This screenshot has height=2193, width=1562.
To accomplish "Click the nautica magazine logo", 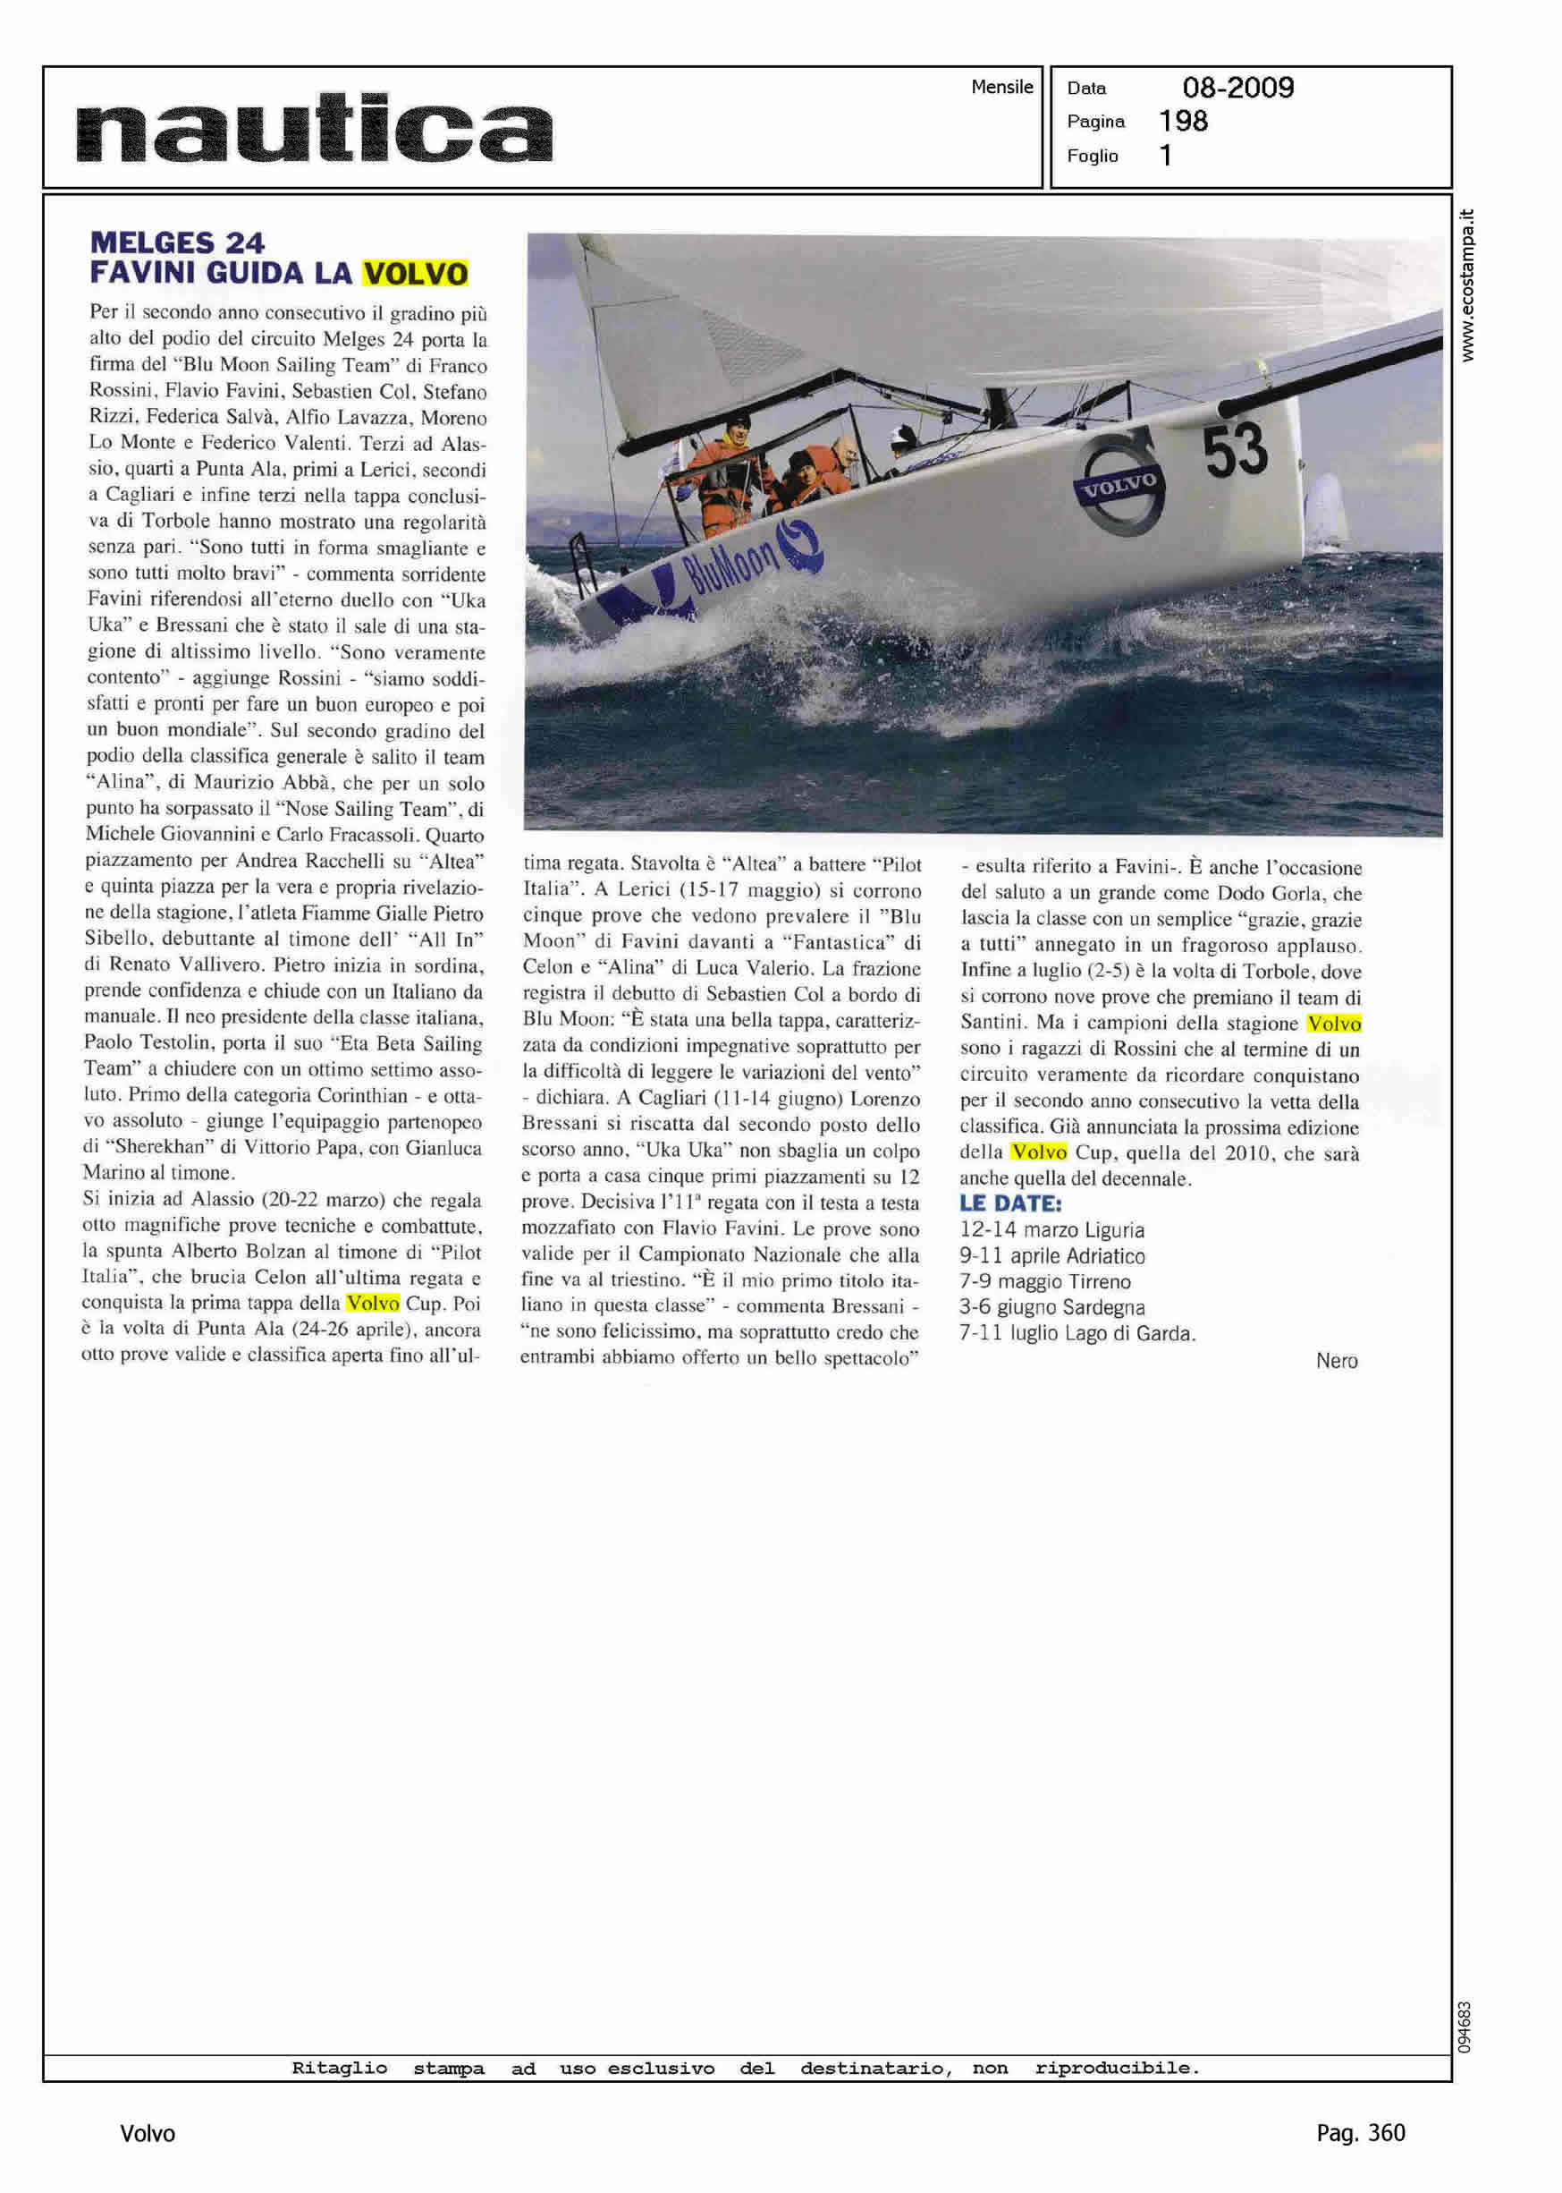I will (314, 128).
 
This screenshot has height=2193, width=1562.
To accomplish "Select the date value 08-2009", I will (1237, 88).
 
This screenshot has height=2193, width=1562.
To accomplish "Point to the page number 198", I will (1183, 122).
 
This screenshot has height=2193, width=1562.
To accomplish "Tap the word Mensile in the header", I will (1001, 87).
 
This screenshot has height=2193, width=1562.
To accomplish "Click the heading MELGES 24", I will (177, 242).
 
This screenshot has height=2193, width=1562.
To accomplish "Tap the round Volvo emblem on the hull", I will (1119, 485).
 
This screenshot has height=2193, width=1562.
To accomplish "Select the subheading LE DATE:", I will (1010, 1203).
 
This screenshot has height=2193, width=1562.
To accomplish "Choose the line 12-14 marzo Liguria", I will (1051, 1229).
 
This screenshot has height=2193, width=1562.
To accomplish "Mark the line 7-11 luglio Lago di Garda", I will (1077, 1334).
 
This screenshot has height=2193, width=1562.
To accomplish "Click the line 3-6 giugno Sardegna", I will (1051, 1308).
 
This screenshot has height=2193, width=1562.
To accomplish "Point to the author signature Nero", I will (1336, 1361).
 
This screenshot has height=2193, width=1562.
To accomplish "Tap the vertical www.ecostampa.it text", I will (1467, 285).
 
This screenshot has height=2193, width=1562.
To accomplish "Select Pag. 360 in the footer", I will (1360, 2133).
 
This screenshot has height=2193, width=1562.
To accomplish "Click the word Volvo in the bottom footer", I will (148, 2134).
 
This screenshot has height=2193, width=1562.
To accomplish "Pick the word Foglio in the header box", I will (1092, 156).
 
